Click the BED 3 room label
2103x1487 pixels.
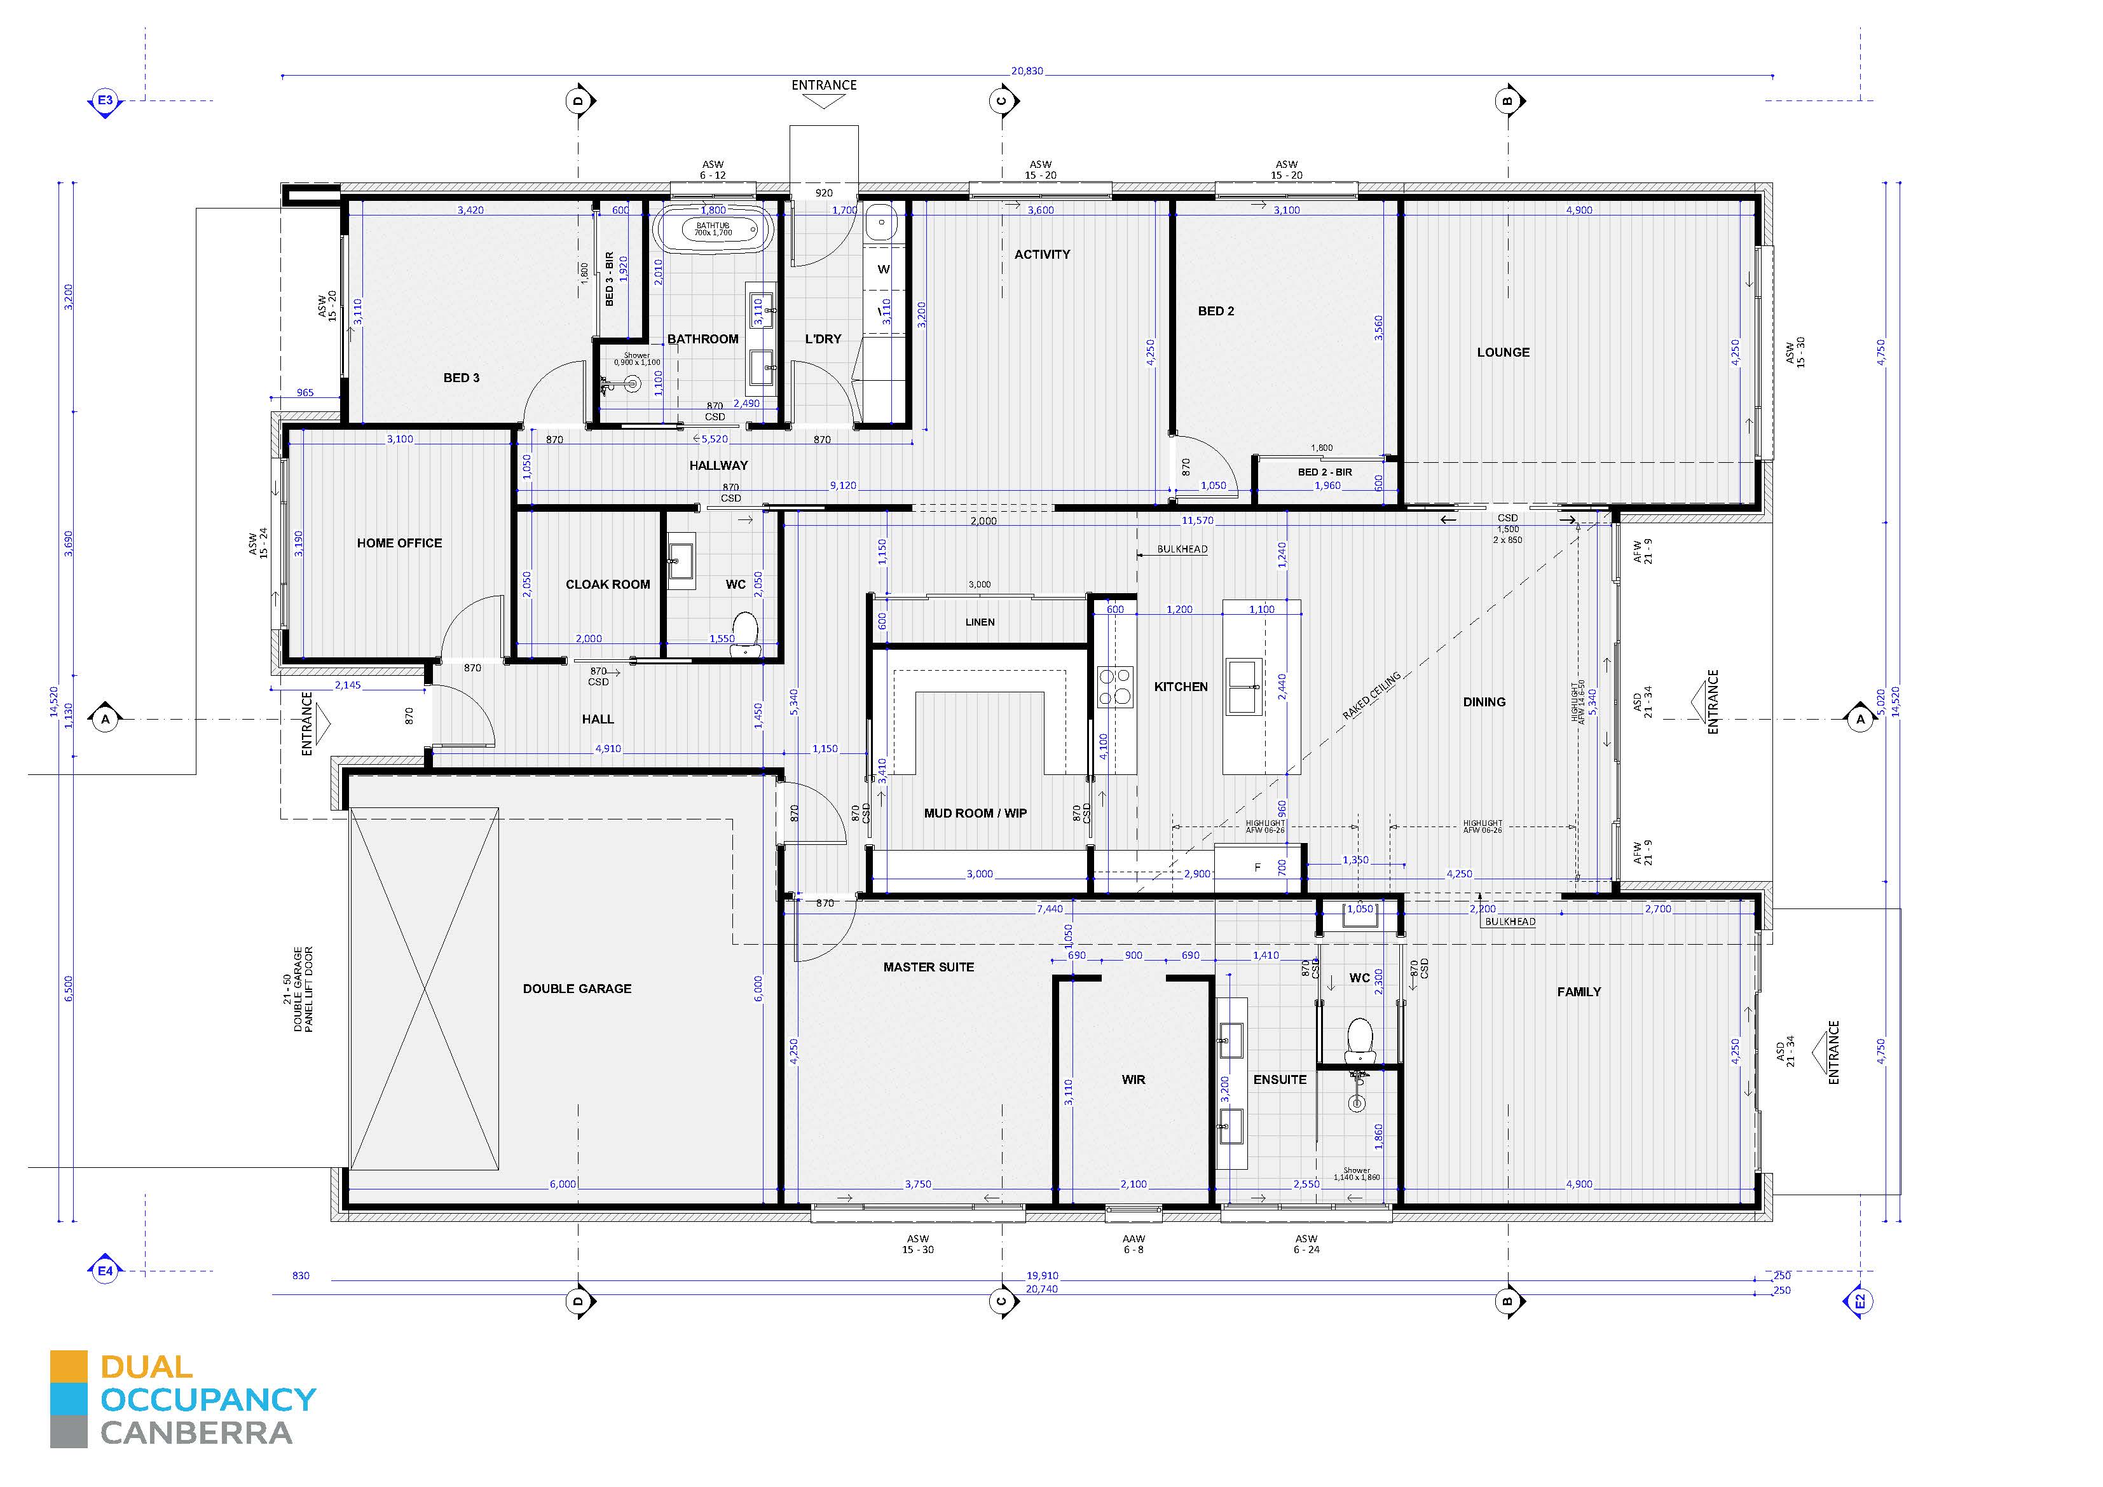461,378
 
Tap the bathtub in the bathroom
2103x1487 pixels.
713,229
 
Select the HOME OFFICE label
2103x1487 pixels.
399,544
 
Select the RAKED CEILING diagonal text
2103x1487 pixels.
1371,696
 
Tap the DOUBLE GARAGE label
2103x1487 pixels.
577,989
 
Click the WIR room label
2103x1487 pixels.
1133,1079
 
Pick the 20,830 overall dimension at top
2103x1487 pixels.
1027,71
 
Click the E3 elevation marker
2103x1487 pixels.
106,100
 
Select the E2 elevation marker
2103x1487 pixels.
1860,1301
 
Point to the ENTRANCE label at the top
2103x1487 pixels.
823,85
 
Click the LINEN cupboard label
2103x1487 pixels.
979,622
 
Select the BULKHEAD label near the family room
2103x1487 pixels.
1509,922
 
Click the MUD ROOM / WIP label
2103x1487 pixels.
975,812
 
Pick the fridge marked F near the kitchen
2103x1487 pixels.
1257,867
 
